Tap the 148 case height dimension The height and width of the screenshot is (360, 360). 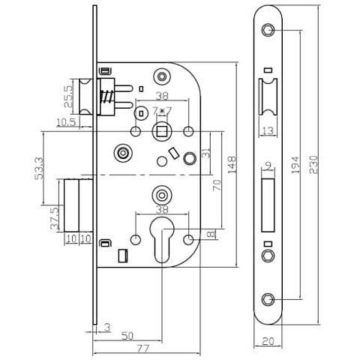[x=233, y=165]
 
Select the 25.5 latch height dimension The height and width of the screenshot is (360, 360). [x=67, y=96]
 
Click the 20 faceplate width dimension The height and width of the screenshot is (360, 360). [x=268, y=342]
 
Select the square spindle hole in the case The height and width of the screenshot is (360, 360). [x=161, y=132]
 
